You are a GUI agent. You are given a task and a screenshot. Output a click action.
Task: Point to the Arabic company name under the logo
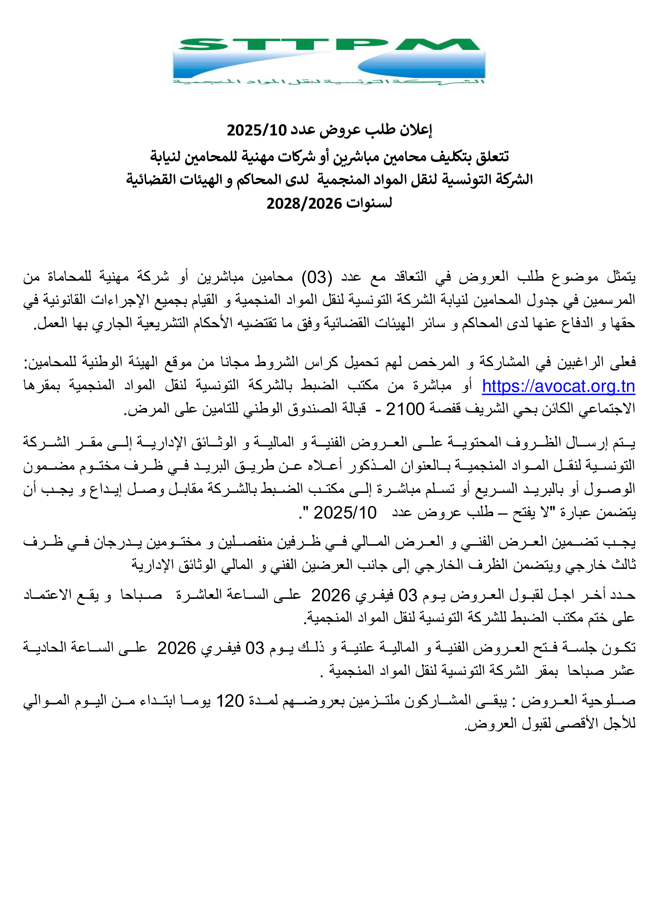[329, 82]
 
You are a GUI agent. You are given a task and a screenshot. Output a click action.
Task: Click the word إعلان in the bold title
[415, 130]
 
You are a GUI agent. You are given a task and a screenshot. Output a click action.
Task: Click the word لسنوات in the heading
[369, 203]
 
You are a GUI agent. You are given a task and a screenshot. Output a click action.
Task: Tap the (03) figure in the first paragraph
[317, 277]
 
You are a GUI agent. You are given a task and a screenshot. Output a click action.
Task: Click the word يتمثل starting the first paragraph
[621, 277]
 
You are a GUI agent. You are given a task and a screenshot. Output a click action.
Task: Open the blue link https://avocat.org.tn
[558, 386]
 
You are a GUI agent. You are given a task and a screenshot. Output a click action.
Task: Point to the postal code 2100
[405, 409]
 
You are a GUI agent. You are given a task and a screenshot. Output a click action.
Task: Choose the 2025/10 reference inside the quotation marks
[345, 513]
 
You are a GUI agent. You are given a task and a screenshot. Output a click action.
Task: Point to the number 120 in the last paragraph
[230, 701]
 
